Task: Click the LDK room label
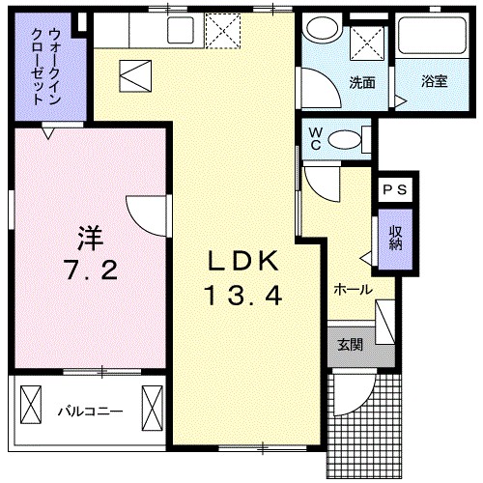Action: (x=243, y=261)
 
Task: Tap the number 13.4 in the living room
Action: (x=242, y=297)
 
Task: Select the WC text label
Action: (x=315, y=138)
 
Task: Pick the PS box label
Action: (x=394, y=191)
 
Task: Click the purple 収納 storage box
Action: (x=396, y=238)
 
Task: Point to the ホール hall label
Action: (x=353, y=289)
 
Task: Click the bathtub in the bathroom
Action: (x=431, y=42)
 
